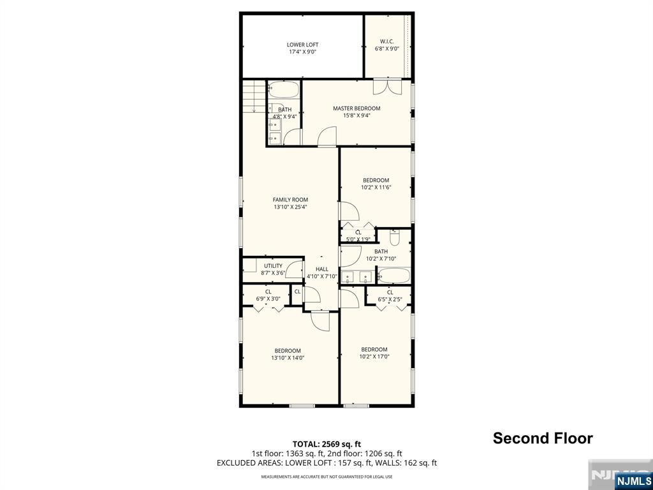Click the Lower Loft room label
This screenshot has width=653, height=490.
tap(302, 45)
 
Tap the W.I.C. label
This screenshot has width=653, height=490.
tap(387, 41)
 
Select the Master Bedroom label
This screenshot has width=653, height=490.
tap(356, 108)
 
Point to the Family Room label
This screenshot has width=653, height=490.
tap(290, 200)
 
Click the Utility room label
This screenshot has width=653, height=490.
tap(273, 266)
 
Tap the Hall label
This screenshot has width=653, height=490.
tap(322, 269)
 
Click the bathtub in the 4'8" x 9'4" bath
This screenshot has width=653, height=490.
tap(283, 89)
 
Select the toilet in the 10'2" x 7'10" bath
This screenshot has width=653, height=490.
tap(395, 237)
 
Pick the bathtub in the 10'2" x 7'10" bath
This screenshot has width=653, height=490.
tap(393, 276)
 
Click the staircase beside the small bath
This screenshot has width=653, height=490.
tap(254, 96)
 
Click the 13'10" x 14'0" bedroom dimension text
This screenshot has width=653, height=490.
tap(288, 357)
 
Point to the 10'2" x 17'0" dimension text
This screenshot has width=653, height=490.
tap(374, 356)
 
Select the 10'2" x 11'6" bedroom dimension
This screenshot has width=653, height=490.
tap(376, 187)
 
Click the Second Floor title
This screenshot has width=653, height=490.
tap(543, 438)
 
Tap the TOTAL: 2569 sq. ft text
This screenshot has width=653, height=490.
tap(324, 444)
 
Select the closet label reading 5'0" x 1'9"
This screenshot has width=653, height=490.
tap(358, 239)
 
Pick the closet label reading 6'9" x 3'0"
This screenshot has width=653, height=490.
tap(268, 299)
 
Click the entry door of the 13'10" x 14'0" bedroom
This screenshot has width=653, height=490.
tap(320, 321)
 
